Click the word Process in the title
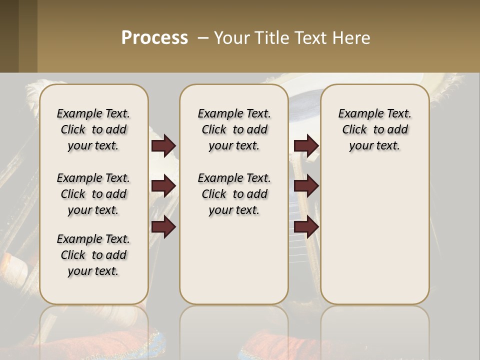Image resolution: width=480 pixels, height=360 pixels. pyautogui.click(x=154, y=37)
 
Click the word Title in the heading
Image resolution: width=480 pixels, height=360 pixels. pyautogui.click(x=271, y=37)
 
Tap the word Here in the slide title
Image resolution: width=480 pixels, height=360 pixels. pyautogui.click(x=351, y=37)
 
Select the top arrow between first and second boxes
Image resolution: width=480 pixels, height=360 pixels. pyautogui.click(x=163, y=146)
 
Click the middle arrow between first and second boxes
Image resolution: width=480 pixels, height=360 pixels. pyautogui.click(x=163, y=186)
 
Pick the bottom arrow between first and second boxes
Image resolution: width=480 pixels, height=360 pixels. pyautogui.click(x=163, y=226)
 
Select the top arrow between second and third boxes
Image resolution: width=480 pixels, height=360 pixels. pyautogui.click(x=306, y=146)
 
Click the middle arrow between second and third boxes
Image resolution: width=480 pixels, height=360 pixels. pyautogui.click(x=306, y=186)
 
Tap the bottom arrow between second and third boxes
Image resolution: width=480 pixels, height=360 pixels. pyautogui.click(x=306, y=226)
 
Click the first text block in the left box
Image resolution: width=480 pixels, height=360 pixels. pyautogui.click(x=93, y=129)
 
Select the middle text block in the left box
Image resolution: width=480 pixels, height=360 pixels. pyautogui.click(x=93, y=194)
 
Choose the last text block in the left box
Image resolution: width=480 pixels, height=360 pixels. pyautogui.click(x=93, y=255)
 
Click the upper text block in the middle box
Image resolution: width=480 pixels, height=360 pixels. pyautogui.click(x=234, y=129)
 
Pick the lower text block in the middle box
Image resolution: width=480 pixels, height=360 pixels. pyautogui.click(x=234, y=194)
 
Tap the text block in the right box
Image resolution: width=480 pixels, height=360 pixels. pyautogui.click(x=375, y=129)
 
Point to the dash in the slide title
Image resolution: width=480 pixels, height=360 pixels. pyautogui.click(x=203, y=38)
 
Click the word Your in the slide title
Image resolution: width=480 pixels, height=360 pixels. pyautogui.click(x=230, y=37)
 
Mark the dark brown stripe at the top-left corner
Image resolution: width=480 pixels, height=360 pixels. pyautogui.click(x=9, y=36)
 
